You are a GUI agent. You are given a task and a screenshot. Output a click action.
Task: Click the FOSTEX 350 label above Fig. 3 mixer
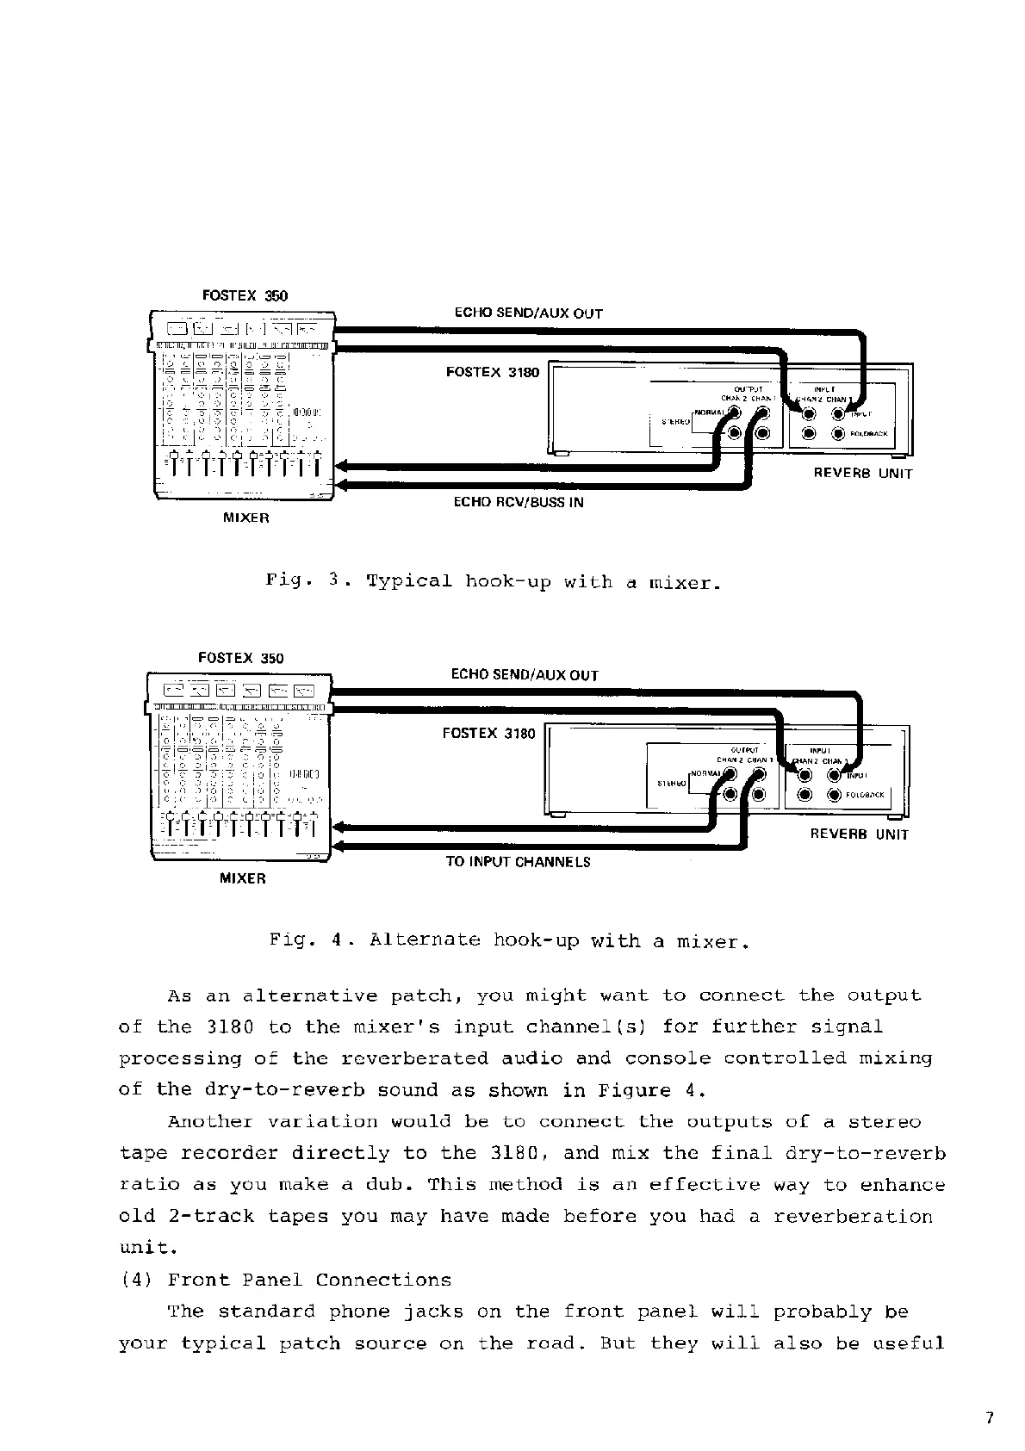coord(245,295)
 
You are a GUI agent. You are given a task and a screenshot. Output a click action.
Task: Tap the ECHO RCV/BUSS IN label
coord(518,502)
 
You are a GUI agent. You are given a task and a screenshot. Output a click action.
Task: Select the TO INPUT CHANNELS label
coord(518,862)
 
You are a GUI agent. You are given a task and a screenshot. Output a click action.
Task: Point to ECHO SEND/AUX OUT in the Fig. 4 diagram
coord(525,675)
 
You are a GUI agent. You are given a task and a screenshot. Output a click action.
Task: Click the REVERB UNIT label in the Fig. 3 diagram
coord(862,474)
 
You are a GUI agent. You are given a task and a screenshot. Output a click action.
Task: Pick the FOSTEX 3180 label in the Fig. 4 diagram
coord(488,734)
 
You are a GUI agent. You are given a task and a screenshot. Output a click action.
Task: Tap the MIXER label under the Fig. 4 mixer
coord(243,878)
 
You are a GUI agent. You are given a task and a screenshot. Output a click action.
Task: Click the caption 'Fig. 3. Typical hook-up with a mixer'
coord(492,581)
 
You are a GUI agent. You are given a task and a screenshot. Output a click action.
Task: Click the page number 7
coord(990,1418)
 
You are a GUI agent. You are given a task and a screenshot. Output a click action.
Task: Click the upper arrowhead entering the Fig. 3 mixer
coord(341,468)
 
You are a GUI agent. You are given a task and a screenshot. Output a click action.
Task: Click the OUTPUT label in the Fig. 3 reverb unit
coord(749,389)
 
